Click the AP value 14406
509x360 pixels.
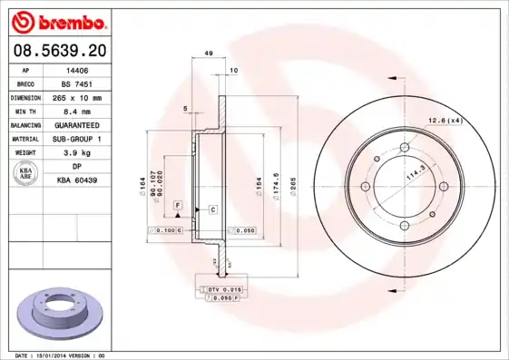click(77, 68)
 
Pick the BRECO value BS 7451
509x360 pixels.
click(77, 83)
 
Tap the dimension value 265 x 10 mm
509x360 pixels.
click(77, 96)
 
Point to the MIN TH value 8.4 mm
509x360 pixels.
click(77, 111)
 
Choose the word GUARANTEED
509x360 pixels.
click(77, 124)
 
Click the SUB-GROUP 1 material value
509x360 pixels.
click(77, 139)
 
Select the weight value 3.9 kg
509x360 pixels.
click(77, 153)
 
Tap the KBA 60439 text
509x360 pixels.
click(77, 181)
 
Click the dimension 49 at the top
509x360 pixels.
click(209, 54)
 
